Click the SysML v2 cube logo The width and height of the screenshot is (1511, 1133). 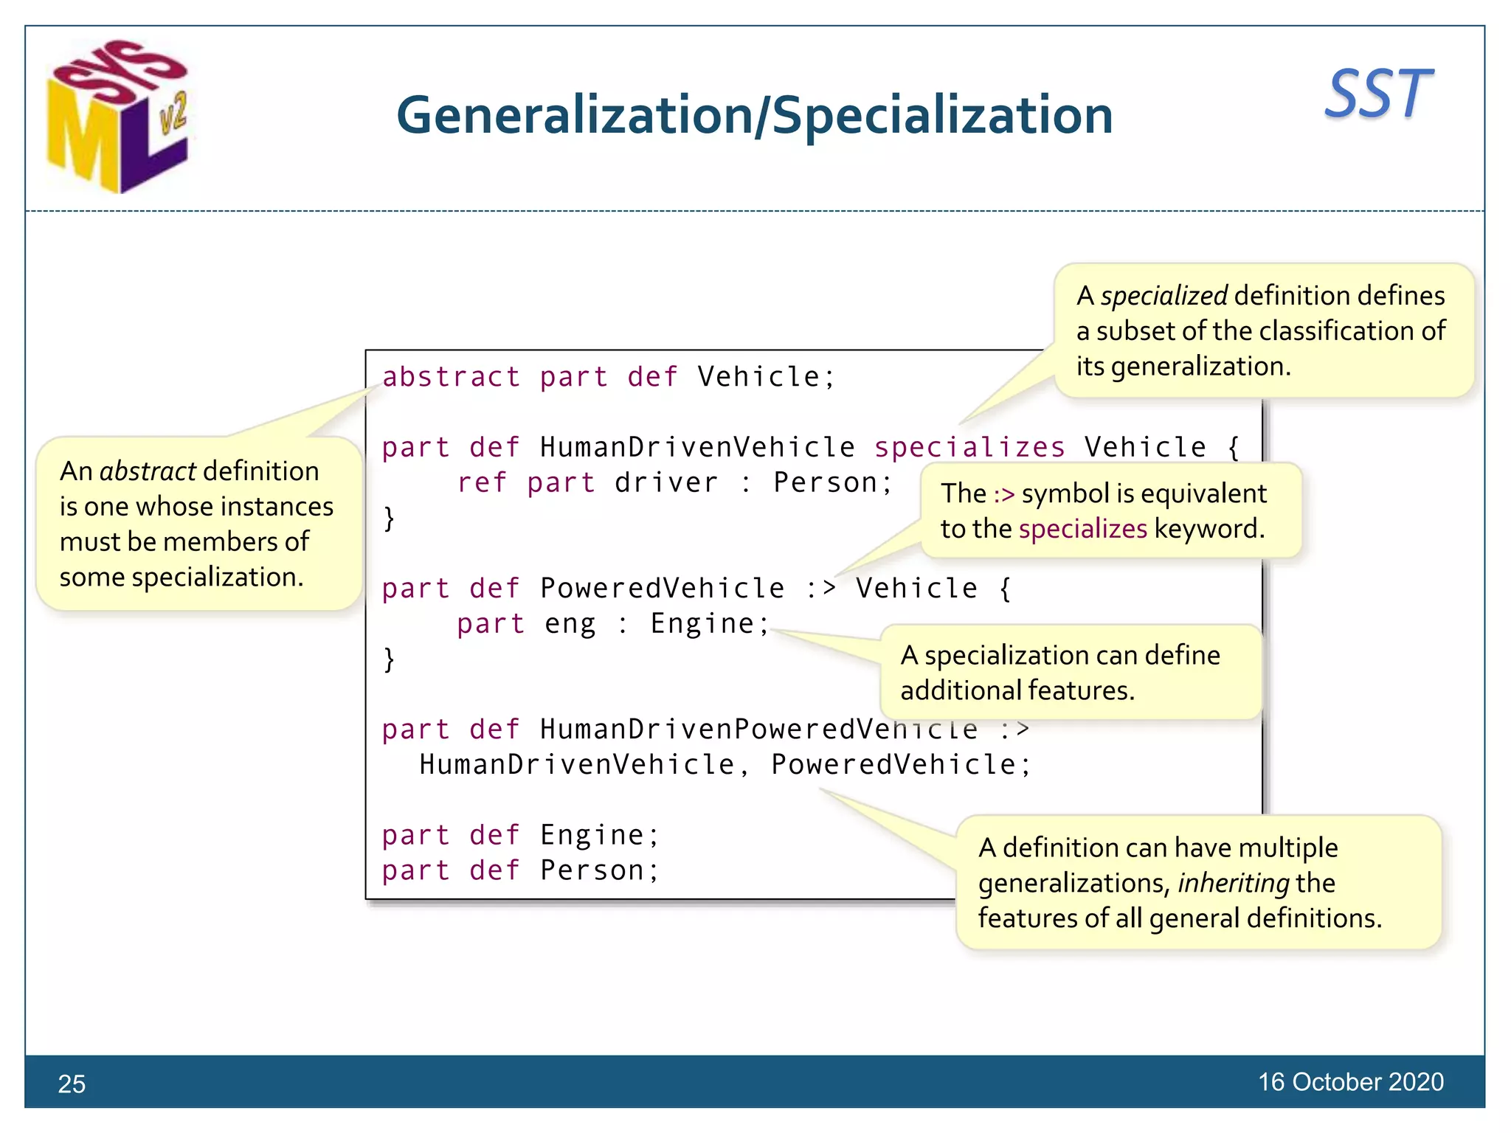pyautogui.click(x=118, y=118)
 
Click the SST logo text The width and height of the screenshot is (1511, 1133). pyautogui.click(x=1378, y=94)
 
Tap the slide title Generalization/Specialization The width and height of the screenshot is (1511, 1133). pyautogui.click(x=754, y=116)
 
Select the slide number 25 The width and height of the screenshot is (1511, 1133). pyautogui.click(x=72, y=1084)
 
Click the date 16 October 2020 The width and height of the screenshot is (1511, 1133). pyautogui.click(x=1350, y=1081)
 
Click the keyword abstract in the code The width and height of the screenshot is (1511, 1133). pyautogui.click(x=451, y=377)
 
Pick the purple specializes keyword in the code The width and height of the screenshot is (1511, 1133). pyautogui.click(x=969, y=447)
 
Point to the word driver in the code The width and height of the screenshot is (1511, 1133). pyautogui.click(x=665, y=482)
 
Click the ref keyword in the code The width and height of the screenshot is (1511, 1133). pyautogui.click(x=482, y=482)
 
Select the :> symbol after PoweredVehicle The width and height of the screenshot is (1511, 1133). pyautogui.click(x=820, y=588)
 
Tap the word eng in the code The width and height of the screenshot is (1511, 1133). pyautogui.click(x=570, y=623)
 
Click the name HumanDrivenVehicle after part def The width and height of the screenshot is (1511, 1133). pyautogui.click(x=697, y=447)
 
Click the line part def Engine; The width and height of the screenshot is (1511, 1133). pyautogui.click(x=520, y=835)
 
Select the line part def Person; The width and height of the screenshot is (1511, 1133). pyautogui.click(x=520, y=870)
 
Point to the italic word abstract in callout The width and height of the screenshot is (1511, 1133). pyautogui.click(x=148, y=471)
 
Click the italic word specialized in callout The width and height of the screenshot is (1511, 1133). pyautogui.click(x=1164, y=295)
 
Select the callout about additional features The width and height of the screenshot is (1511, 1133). pyautogui.click(x=1070, y=672)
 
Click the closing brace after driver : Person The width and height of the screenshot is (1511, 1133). pyautogui.click(x=390, y=518)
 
